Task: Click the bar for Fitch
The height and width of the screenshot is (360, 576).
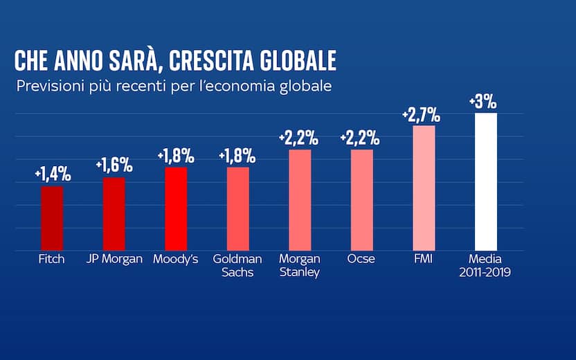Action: (x=52, y=217)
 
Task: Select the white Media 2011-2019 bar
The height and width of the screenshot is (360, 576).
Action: (x=486, y=181)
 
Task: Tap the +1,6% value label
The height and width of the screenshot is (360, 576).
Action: (x=114, y=165)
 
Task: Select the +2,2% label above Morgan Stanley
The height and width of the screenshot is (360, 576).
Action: (x=298, y=138)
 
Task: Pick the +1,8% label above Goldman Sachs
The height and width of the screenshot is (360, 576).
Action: (x=237, y=156)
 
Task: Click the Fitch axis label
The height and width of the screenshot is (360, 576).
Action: (x=52, y=259)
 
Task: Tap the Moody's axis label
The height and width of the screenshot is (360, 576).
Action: (x=176, y=259)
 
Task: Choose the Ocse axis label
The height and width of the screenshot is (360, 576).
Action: (x=361, y=259)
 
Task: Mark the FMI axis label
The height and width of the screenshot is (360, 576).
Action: (x=423, y=259)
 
